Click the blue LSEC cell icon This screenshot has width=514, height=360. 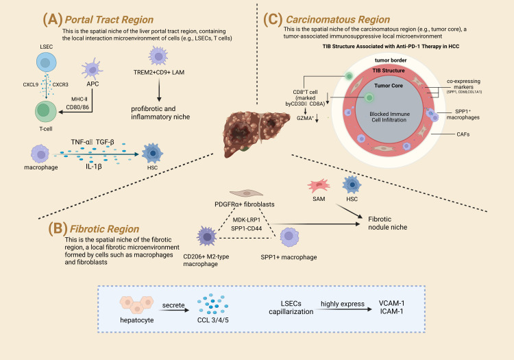point(46,62)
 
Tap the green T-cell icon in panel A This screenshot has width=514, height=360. point(45,112)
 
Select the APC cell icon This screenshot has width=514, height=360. point(92,69)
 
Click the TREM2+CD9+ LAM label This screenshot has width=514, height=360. point(159,72)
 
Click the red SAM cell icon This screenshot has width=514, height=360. point(319,186)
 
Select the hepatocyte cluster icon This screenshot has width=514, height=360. point(136,305)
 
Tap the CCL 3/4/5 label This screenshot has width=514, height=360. point(212,320)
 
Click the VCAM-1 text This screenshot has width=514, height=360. point(391,303)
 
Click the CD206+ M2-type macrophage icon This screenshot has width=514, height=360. point(206,237)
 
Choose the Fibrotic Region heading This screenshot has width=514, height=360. point(104,228)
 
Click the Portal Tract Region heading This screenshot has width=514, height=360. point(109,20)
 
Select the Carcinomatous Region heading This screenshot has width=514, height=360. point(338,20)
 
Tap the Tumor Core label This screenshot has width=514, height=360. point(389,86)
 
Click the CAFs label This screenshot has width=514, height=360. point(463,134)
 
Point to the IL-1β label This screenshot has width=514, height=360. point(94,167)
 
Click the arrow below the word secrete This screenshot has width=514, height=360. point(175,310)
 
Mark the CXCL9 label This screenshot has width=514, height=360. point(30,84)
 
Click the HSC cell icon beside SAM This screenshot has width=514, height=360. point(352,184)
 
